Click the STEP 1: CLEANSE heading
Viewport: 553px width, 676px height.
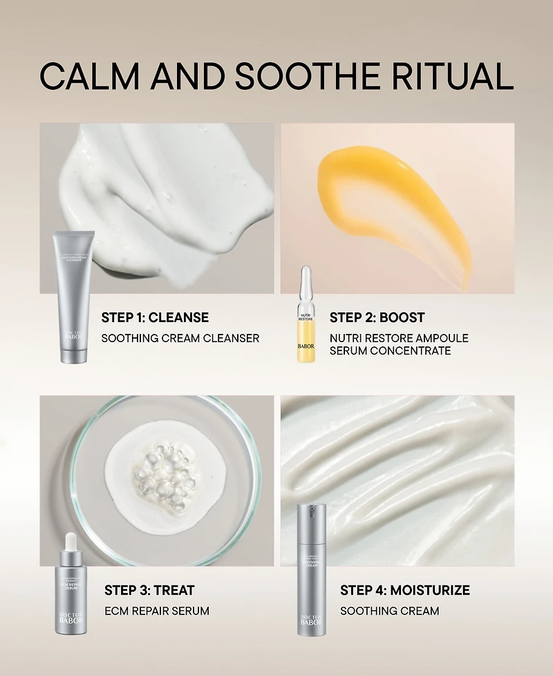pos(155,318)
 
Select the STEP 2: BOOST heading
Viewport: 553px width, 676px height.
pos(377,318)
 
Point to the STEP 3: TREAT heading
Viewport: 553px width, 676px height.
pos(149,590)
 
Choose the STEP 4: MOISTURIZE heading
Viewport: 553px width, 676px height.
pos(404,590)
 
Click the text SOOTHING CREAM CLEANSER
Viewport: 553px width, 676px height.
pos(180,338)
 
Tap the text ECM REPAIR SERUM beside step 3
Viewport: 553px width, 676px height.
pos(156,611)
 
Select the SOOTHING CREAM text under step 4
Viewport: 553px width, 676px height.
pos(389,611)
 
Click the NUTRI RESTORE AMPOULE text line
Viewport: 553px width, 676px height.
pos(399,338)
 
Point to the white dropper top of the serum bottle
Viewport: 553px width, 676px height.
pos(71,541)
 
